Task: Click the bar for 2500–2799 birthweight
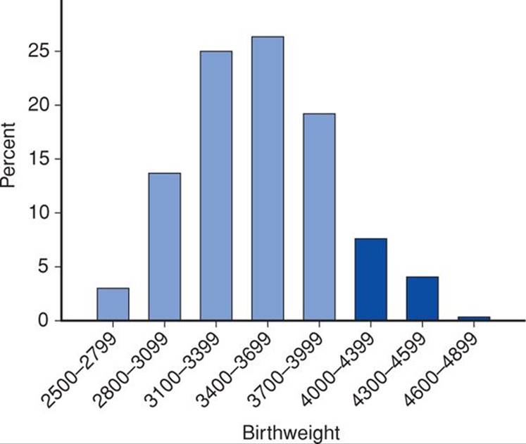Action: pyautogui.click(x=113, y=304)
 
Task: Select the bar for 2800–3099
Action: pyautogui.click(x=165, y=246)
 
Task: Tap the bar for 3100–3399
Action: pyautogui.click(x=216, y=186)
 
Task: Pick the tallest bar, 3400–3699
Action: pyautogui.click(x=268, y=179)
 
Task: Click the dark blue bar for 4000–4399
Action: pyautogui.click(x=371, y=279)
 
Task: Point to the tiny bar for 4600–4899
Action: pyautogui.click(x=474, y=318)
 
